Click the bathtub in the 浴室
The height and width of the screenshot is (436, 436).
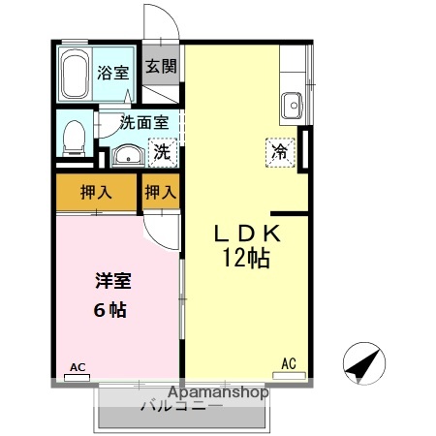point(76,74)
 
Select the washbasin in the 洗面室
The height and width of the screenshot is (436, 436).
point(125,154)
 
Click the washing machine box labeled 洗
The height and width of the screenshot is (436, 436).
point(164,152)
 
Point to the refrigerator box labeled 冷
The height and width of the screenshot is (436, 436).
point(279,152)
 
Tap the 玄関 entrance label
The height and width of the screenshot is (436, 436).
point(162,67)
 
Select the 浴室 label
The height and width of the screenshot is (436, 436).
point(112,72)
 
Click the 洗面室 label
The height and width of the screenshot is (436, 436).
point(144,123)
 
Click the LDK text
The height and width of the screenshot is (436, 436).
point(247,234)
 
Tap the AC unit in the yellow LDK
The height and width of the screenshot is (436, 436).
point(289,364)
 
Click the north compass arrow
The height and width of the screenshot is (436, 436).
point(365,364)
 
